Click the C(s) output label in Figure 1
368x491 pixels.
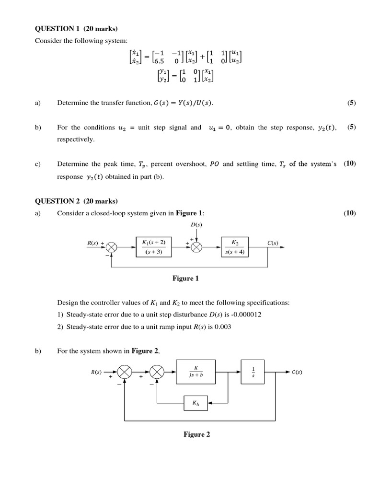pyautogui.click(x=273, y=243)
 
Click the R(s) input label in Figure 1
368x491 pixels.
pyautogui.click(x=93, y=243)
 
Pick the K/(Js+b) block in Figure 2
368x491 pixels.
pyautogui.click(x=196, y=372)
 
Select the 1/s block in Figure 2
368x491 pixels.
pyautogui.click(x=253, y=372)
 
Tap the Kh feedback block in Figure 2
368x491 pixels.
pyautogui.click(x=196, y=403)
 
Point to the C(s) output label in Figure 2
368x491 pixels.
pyautogui.click(x=297, y=372)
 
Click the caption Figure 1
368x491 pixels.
pyautogui.click(x=185, y=278)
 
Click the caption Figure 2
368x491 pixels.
pyautogui.click(x=196, y=434)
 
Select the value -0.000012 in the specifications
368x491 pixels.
pyautogui.click(x=246, y=315)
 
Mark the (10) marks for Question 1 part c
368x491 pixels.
pyautogui.click(x=350, y=164)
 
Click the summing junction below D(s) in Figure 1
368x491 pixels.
pyautogui.click(x=196, y=247)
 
